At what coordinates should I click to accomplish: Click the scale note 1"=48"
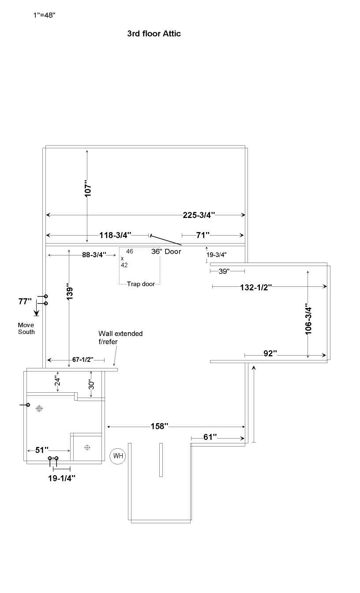44,15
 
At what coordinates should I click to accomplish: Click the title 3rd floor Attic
154,34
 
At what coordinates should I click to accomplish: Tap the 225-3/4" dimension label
199,215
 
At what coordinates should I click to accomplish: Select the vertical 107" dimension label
88,188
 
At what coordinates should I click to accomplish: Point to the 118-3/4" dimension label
115,235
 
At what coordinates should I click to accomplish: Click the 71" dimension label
203,235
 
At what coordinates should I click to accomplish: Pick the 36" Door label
166,251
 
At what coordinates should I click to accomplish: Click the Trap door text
141,284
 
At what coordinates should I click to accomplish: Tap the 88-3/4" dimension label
94,255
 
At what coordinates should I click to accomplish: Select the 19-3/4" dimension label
217,255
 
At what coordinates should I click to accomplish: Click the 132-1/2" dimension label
256,288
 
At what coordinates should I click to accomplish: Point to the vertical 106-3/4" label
308,319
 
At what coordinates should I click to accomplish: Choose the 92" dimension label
270,353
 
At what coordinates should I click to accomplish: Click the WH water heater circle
118,456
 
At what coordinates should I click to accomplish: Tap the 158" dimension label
159,426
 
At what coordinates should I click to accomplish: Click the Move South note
26,329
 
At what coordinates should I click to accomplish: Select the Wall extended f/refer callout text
120,338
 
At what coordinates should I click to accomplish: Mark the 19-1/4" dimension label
62,478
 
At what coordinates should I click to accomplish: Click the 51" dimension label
42,450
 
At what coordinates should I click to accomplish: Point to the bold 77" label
25,301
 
